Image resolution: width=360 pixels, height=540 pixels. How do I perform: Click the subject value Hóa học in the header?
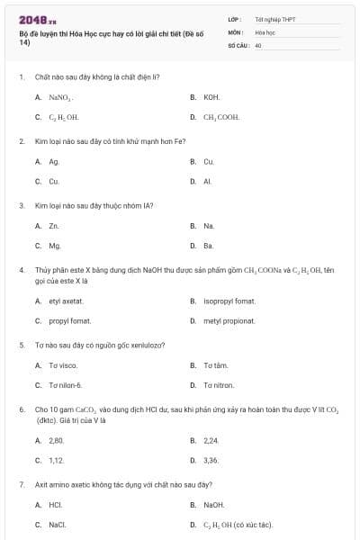(x=265, y=31)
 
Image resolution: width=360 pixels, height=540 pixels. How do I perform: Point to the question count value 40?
(x=258, y=43)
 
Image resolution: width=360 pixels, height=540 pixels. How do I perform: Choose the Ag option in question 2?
(x=54, y=162)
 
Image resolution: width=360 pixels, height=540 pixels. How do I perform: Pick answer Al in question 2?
(x=208, y=181)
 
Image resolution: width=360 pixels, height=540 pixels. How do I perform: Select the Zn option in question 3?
(x=54, y=226)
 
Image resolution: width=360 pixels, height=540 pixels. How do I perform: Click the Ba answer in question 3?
(x=209, y=245)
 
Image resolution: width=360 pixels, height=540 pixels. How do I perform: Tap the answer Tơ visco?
(x=63, y=365)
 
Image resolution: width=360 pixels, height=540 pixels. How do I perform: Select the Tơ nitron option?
(x=219, y=385)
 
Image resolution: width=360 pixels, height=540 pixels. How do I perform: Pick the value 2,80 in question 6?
(x=57, y=440)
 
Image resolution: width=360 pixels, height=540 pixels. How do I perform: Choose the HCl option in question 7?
(x=55, y=505)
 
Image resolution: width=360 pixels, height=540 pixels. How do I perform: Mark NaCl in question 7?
(x=56, y=524)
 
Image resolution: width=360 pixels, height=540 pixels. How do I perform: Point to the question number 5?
(x=21, y=345)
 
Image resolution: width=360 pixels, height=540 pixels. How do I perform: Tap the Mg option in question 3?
(x=54, y=245)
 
